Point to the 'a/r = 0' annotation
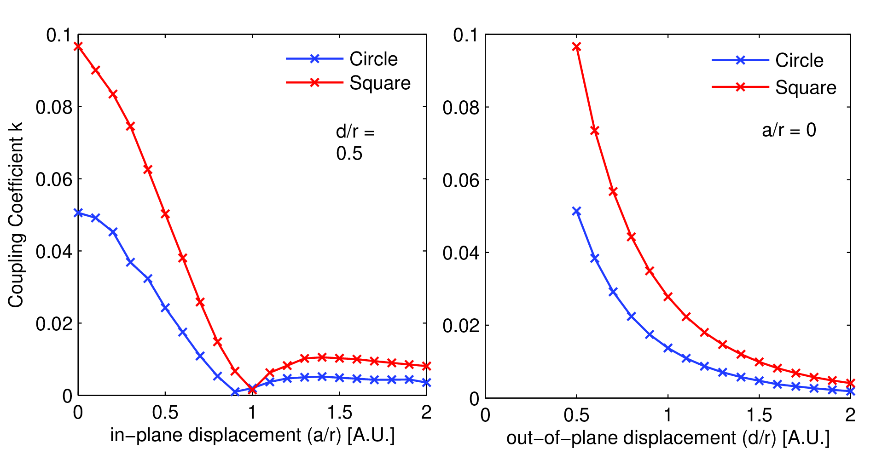tap(789, 130)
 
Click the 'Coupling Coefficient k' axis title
tap(16, 215)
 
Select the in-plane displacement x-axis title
tap(252, 435)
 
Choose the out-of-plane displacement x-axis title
tap(668, 437)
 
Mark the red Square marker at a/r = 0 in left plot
tap(78, 46)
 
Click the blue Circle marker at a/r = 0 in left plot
tap(78, 213)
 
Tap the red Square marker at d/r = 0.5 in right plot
tap(576, 46)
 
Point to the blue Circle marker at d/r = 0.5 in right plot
tap(576, 211)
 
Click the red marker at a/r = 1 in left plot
tap(252, 390)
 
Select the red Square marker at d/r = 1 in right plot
tap(667, 297)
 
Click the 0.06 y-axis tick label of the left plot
tap(54, 179)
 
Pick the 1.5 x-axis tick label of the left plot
tap(339, 413)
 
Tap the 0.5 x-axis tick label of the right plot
tap(576, 415)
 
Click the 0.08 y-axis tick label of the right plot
tap(461, 108)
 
